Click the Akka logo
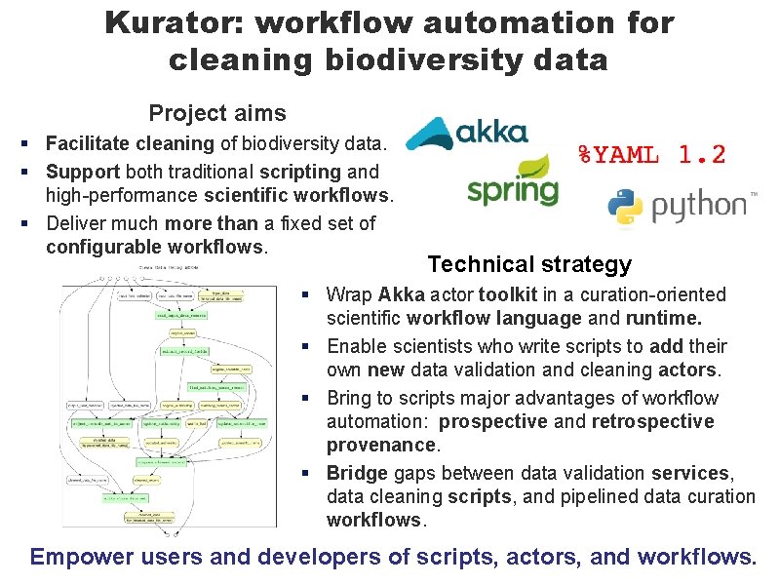click(x=468, y=134)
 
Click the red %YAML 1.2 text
click(x=650, y=154)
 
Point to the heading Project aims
click(x=216, y=113)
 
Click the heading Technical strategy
click(x=529, y=264)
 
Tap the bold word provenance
click(x=381, y=445)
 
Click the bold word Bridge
click(x=356, y=473)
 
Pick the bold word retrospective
click(x=652, y=421)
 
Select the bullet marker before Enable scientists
click(x=305, y=346)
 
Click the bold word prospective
click(x=493, y=421)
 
